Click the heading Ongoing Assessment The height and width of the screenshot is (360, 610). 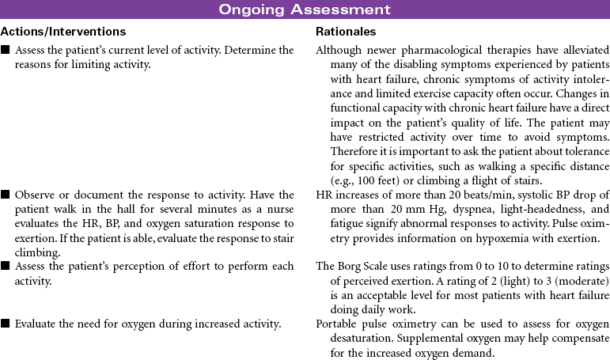pyautogui.click(x=305, y=9)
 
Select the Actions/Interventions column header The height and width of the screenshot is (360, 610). pyautogui.click(x=63, y=32)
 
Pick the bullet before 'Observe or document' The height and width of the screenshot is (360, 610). pyautogui.click(x=6, y=195)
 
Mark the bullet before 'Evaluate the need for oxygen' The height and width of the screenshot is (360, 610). pyautogui.click(x=6, y=324)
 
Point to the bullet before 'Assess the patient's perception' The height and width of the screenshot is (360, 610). pyautogui.click(x=6, y=267)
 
